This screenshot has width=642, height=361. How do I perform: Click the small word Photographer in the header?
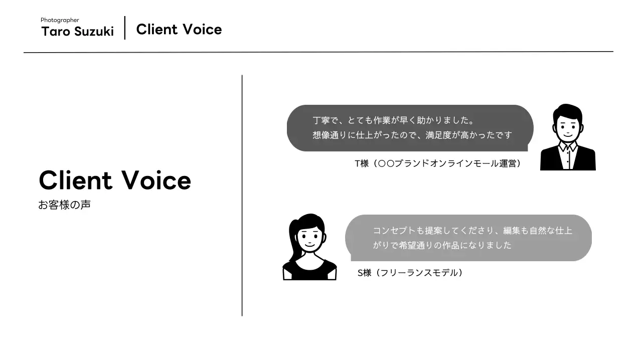[60, 20]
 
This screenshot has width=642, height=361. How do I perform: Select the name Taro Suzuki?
[77, 32]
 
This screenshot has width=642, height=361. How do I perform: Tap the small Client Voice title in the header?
[179, 30]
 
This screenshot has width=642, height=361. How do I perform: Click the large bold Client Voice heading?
[115, 180]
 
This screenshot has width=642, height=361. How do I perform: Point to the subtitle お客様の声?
[64, 205]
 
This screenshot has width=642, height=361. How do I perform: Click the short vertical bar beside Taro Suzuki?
[124, 28]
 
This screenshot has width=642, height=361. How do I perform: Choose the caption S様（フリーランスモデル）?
[410, 273]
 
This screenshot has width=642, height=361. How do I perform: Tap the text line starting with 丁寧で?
[393, 121]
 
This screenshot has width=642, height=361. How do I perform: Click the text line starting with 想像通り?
[412, 135]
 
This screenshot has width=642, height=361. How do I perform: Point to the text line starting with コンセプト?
[472, 231]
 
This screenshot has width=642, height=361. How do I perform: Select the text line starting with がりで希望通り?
[442, 245]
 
